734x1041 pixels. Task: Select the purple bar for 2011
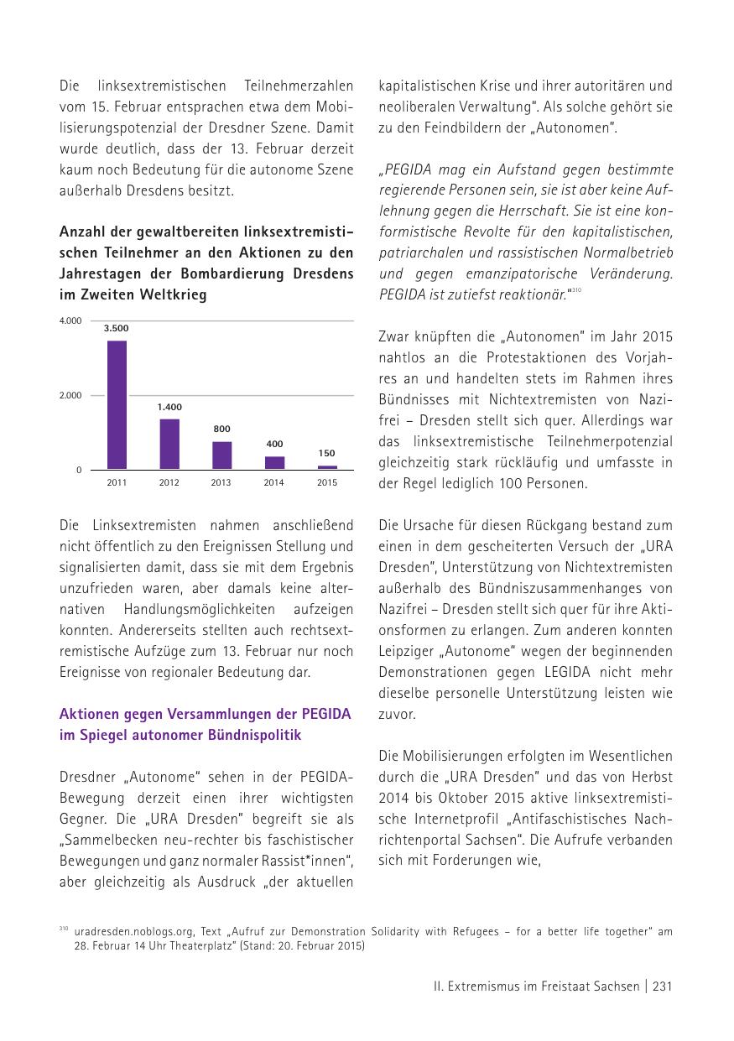[117, 404]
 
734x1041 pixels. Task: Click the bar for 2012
[169, 444]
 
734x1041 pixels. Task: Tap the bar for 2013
[221, 455]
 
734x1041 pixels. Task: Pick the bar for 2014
[275, 462]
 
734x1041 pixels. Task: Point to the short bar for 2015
[327, 466]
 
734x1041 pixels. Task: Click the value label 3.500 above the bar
[117, 329]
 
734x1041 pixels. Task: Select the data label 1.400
[169, 407]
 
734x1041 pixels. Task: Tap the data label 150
[327, 454]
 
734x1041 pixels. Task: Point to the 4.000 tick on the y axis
[70, 320]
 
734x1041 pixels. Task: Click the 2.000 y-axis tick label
[70, 395]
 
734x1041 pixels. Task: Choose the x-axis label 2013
[221, 482]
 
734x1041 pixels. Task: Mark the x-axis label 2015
[327, 482]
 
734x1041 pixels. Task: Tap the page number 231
[662, 986]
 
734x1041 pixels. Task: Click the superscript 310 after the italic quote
[575, 290]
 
